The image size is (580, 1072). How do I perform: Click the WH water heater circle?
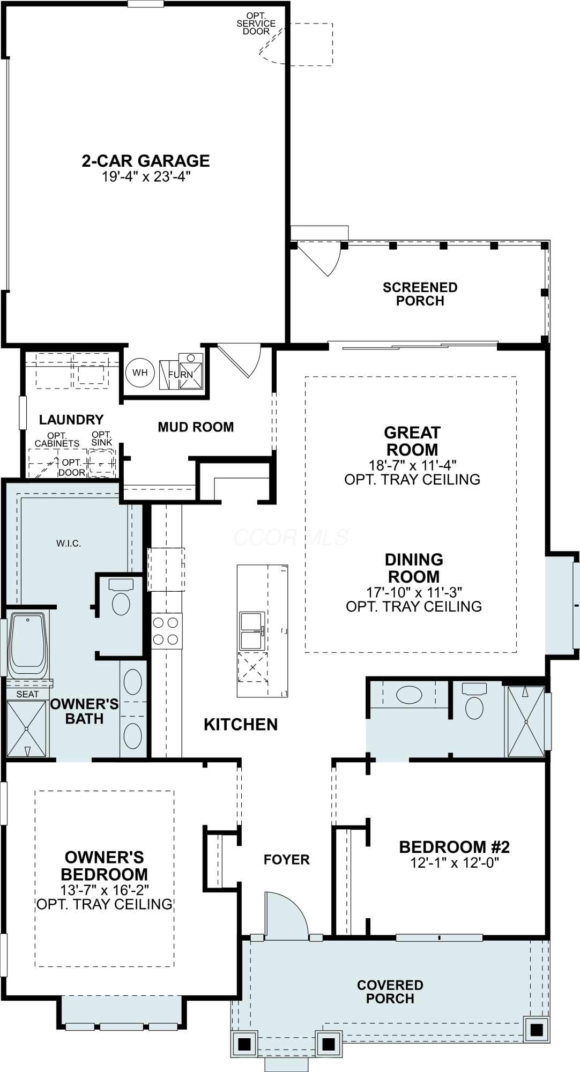(x=140, y=373)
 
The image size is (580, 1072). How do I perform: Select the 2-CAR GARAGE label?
(x=146, y=161)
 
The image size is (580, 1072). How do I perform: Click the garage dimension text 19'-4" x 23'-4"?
(x=146, y=177)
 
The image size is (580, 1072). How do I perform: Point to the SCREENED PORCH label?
(x=420, y=294)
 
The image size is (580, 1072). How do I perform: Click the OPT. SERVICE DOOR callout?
(x=256, y=24)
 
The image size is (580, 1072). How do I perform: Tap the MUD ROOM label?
(x=196, y=427)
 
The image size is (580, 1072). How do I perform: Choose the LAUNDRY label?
(x=71, y=420)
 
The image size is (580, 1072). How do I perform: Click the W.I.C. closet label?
(x=69, y=544)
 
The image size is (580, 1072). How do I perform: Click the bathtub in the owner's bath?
(x=28, y=646)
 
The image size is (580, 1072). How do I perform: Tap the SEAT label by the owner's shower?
(x=27, y=694)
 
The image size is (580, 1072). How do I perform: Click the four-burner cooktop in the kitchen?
(x=166, y=631)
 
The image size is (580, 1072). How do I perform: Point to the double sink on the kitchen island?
(x=252, y=630)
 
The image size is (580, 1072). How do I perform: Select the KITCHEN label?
(x=241, y=725)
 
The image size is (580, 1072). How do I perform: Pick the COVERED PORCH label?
(x=390, y=992)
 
